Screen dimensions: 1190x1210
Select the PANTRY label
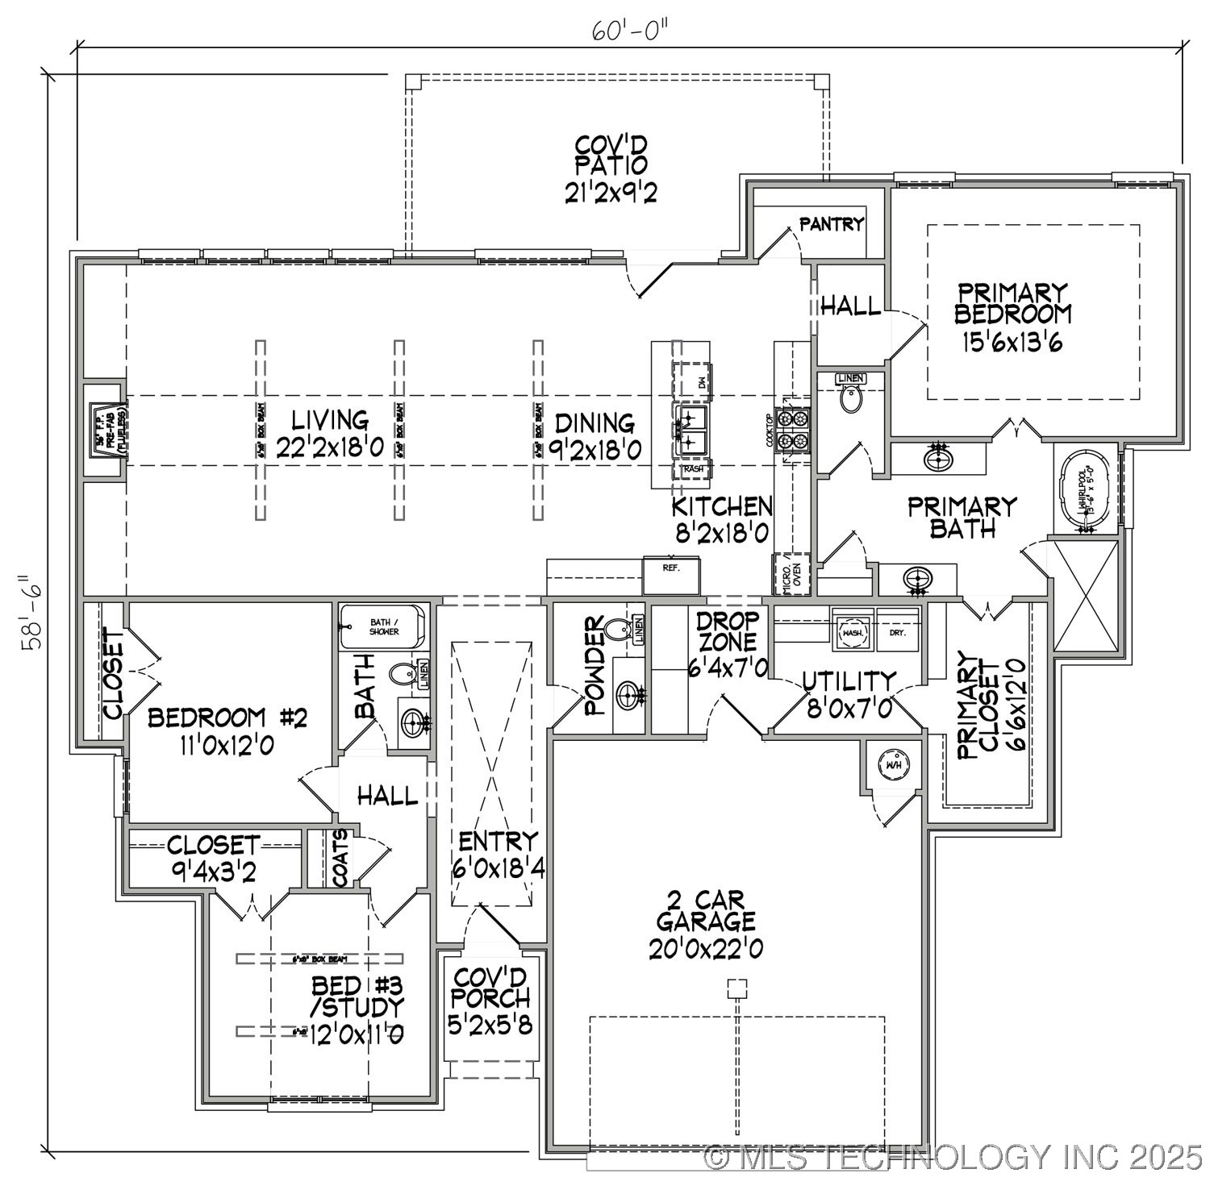point(832,224)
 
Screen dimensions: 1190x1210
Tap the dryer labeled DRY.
point(898,633)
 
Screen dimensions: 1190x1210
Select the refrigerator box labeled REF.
point(671,574)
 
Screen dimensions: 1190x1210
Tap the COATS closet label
point(341,859)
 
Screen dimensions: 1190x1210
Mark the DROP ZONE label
point(728,631)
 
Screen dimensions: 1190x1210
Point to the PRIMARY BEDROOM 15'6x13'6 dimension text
point(1012,343)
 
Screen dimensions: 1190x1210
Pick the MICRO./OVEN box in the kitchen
point(790,574)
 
